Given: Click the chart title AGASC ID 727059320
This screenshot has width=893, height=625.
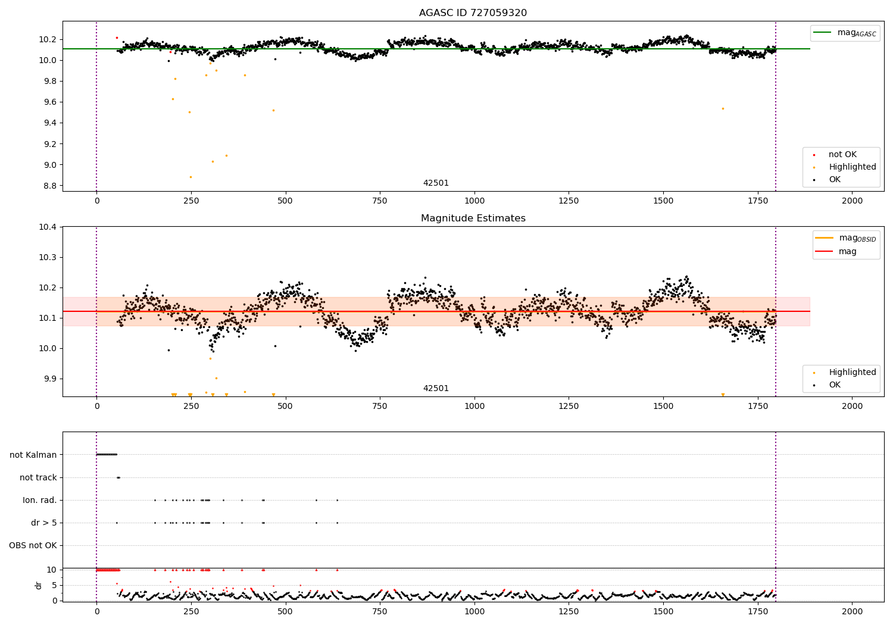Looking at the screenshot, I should coord(473,13).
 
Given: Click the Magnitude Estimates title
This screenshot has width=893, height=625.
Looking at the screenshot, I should coord(473,218).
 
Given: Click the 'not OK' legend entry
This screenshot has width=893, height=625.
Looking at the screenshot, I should coord(842,155).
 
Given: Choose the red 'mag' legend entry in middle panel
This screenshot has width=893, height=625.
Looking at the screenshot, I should coord(847,252).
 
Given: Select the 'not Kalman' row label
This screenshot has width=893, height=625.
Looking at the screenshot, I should coord(33,455).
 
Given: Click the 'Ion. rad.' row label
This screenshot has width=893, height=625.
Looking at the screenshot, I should coord(40,501).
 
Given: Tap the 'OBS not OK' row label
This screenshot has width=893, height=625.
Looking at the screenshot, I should coord(33,546).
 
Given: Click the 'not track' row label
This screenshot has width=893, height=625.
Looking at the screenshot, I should coord(38,478).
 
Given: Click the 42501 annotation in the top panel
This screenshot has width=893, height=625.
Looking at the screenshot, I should coord(436,183).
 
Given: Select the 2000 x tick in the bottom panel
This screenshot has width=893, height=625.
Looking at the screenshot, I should coord(852,611).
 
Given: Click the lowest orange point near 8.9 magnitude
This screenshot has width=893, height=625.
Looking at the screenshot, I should coord(191,177).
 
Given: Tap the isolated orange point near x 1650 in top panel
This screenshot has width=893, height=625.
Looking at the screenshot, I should coord(723,108).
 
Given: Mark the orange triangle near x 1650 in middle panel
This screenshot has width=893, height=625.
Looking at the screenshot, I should coord(723,395).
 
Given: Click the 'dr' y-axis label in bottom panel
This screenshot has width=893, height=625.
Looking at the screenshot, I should coord(39,585).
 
